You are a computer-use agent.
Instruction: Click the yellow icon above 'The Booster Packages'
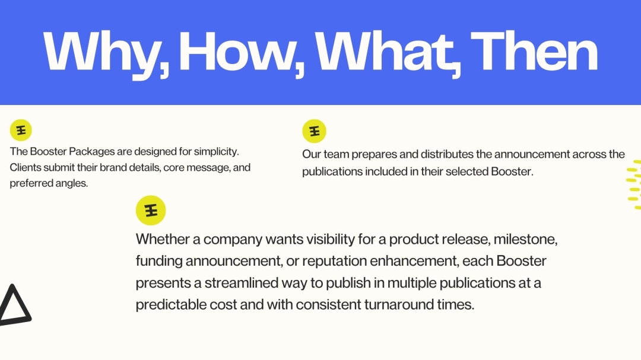point(21,130)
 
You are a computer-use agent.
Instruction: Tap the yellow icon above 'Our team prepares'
point(314,131)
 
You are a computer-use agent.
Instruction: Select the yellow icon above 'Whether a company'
point(150,210)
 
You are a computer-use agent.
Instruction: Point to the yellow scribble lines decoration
point(634,184)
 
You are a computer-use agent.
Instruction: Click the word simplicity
point(217,152)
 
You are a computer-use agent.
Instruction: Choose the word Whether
point(168,240)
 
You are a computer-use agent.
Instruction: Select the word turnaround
point(391,305)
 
